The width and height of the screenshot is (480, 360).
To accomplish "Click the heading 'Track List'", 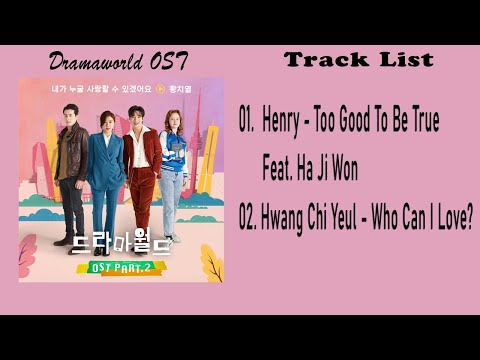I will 359,59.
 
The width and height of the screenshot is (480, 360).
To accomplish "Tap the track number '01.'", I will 248,123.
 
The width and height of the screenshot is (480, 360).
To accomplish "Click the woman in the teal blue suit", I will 104,170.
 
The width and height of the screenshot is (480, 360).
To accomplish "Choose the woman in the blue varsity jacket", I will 172,165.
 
